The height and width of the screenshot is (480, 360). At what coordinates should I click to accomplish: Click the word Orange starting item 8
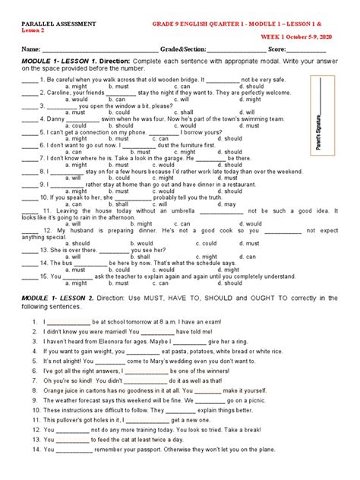55,390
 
